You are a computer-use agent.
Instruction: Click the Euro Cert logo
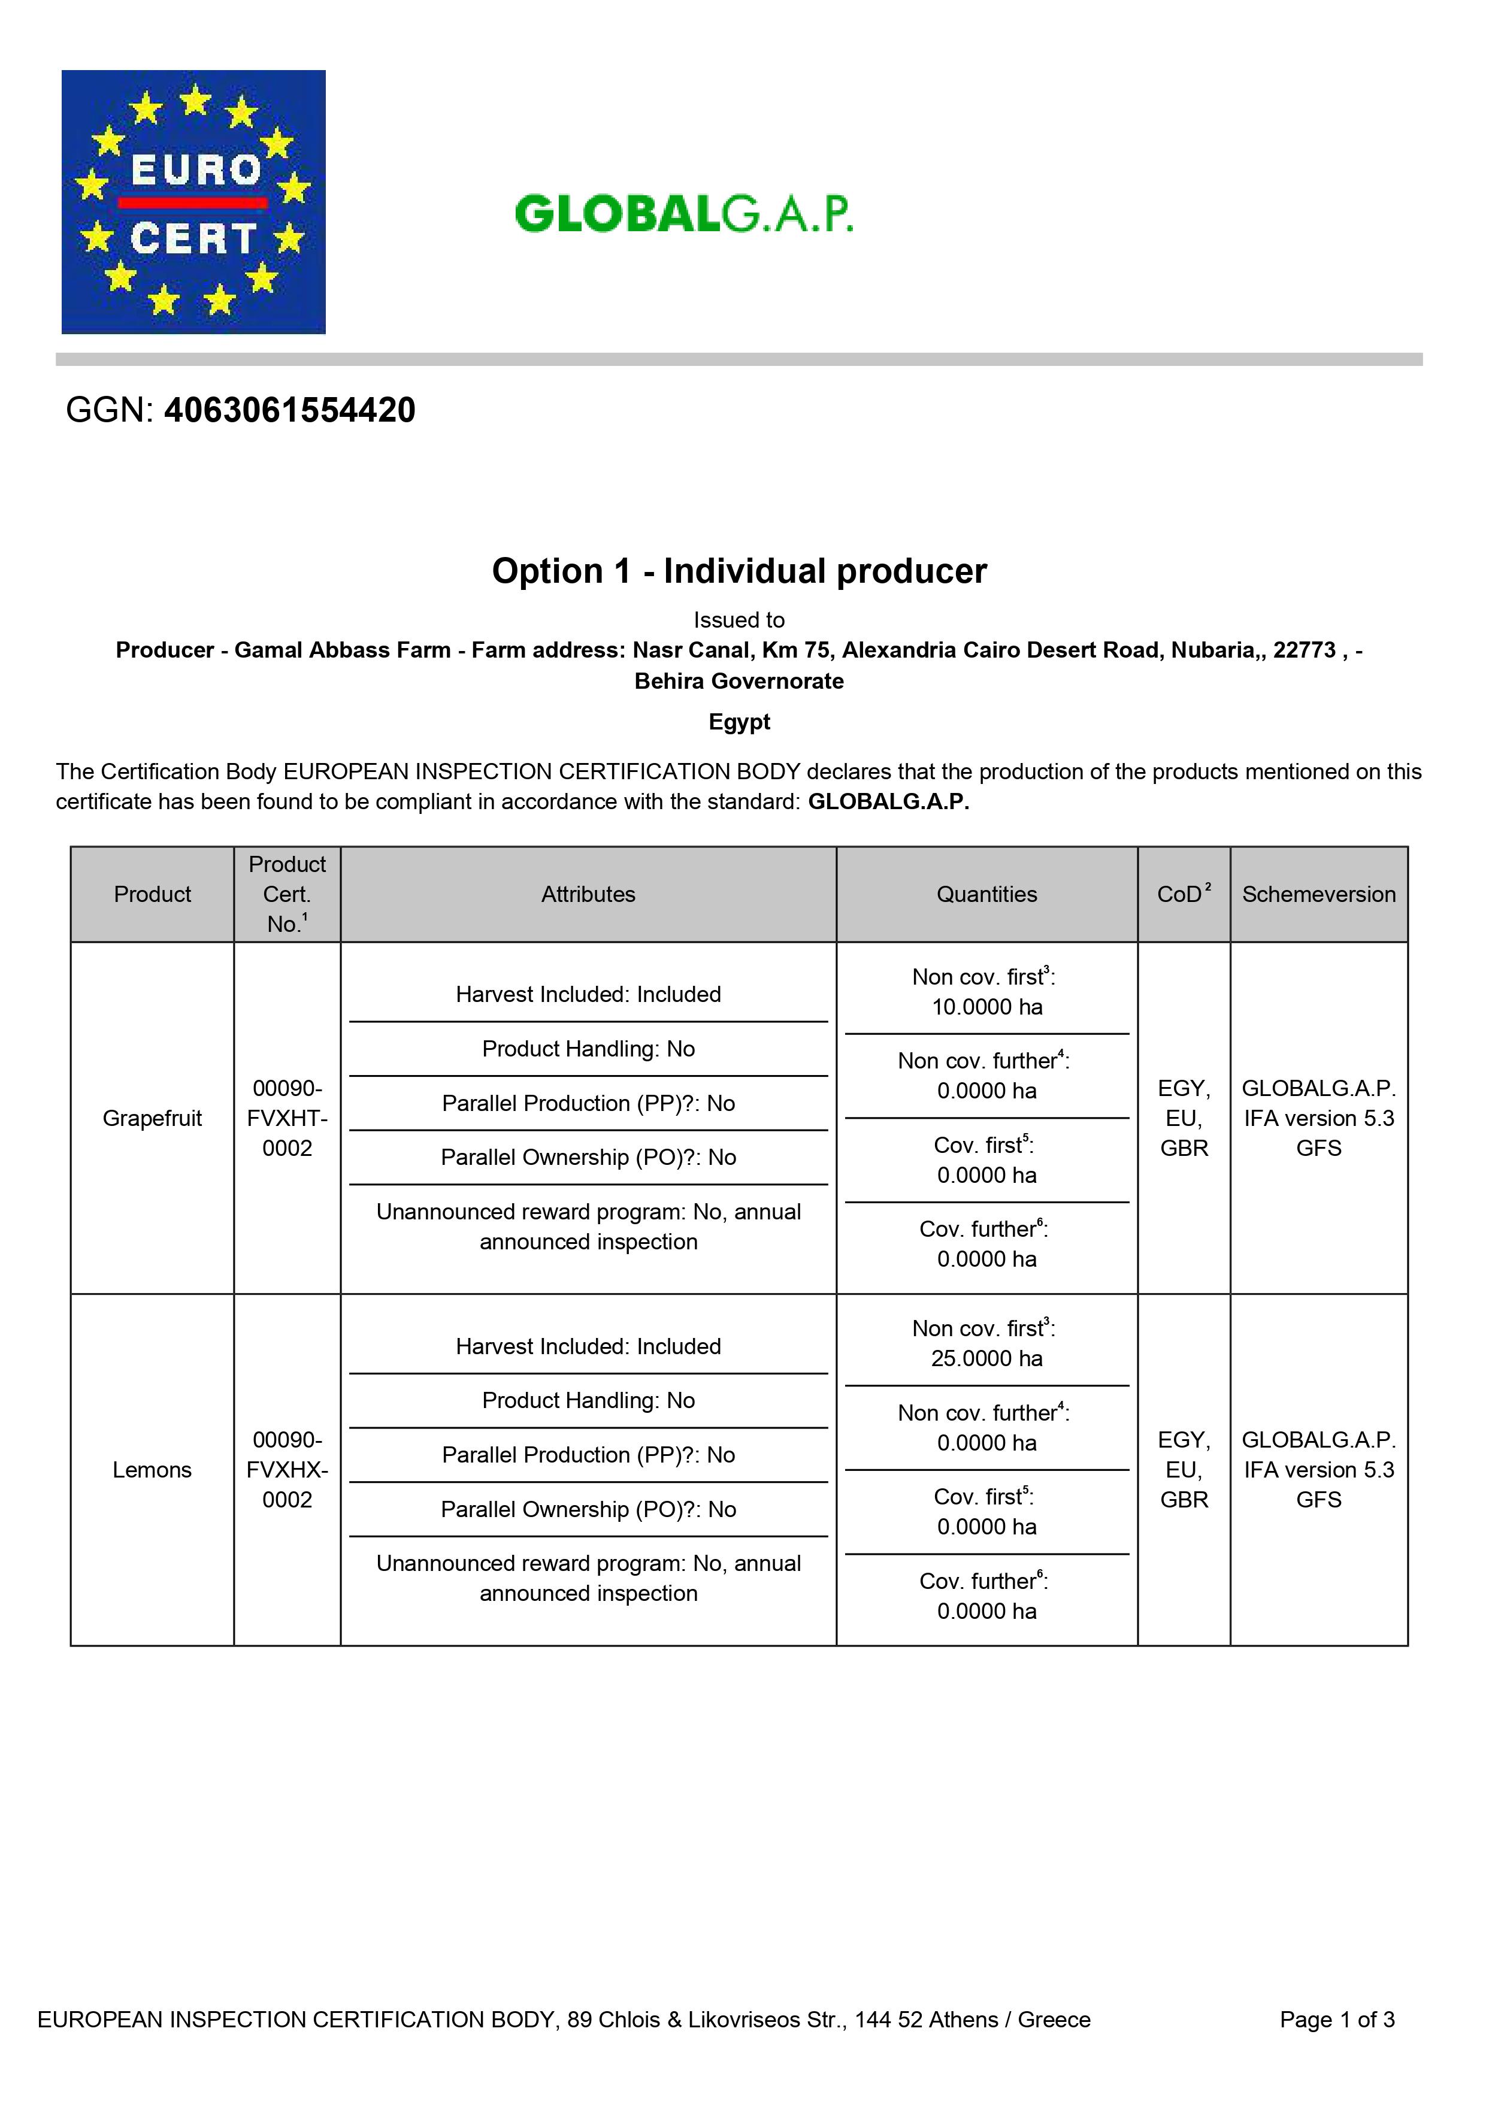(x=193, y=202)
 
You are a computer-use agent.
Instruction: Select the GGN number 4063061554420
(x=289, y=410)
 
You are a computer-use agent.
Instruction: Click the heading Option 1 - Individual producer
(x=739, y=571)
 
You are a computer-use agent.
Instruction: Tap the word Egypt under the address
(x=739, y=722)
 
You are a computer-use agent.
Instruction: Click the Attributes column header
(x=588, y=894)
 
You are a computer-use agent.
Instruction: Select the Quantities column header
(x=986, y=894)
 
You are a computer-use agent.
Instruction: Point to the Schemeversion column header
(x=1318, y=894)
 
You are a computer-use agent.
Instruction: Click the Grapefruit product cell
(x=152, y=1118)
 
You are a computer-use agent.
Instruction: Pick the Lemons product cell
(x=152, y=1470)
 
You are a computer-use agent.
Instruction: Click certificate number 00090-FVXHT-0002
(x=287, y=1118)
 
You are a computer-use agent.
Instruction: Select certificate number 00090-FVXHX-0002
(x=287, y=1470)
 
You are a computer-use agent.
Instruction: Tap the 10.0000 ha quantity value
(x=986, y=1007)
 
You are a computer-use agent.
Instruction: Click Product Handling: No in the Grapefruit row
(x=588, y=1049)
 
